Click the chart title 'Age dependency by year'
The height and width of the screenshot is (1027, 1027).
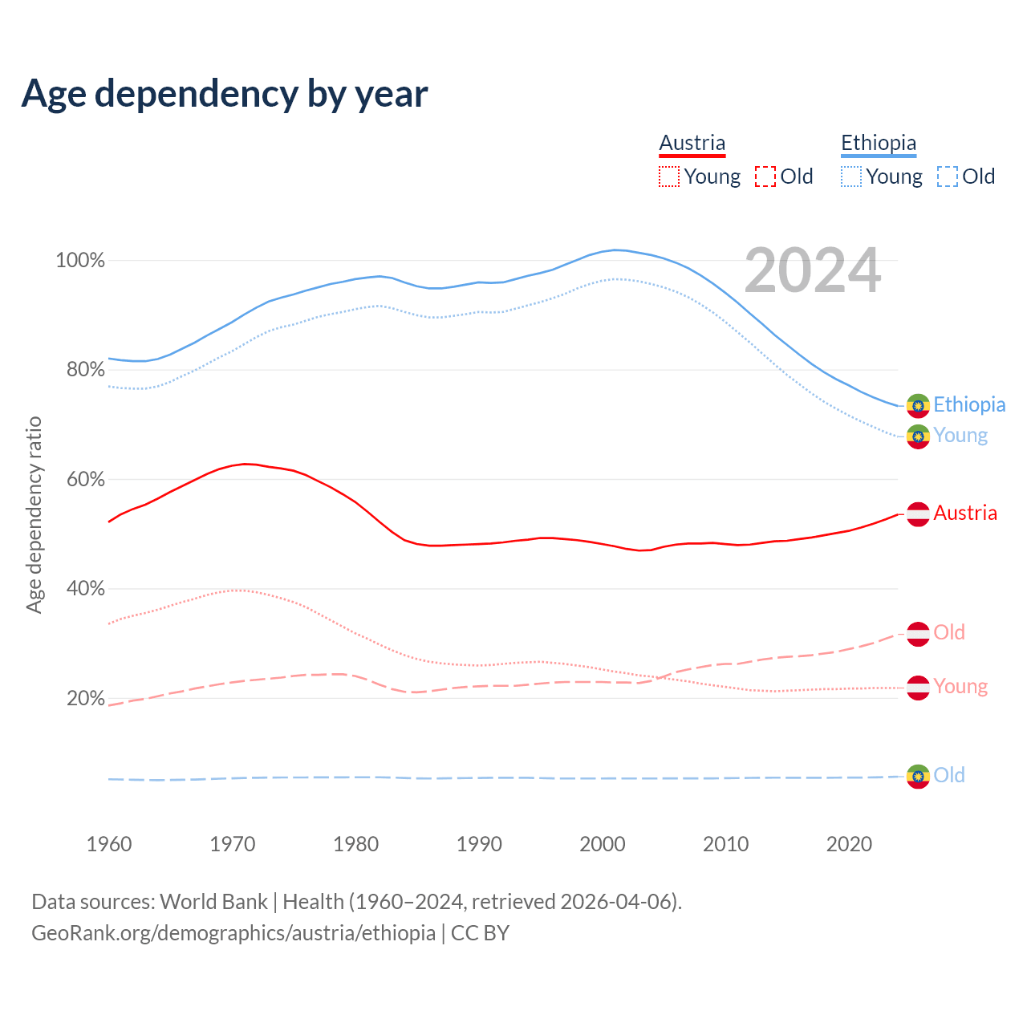pyautogui.click(x=225, y=93)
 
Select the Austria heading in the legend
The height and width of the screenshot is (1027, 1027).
pyautogui.click(x=692, y=143)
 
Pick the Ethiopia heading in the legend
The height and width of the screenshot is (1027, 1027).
pyautogui.click(x=878, y=143)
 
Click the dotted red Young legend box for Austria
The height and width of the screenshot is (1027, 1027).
pyautogui.click(x=669, y=177)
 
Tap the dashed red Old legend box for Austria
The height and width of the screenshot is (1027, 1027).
pyautogui.click(x=765, y=177)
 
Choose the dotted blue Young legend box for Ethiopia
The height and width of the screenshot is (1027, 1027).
pyautogui.click(x=851, y=177)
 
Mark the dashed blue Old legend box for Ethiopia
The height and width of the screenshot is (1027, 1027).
pyautogui.click(x=948, y=177)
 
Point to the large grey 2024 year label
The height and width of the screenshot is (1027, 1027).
pyautogui.click(x=812, y=270)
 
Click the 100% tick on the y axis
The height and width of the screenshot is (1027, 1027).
pyautogui.click(x=80, y=261)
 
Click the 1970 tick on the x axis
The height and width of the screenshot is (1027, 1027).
pyautogui.click(x=233, y=844)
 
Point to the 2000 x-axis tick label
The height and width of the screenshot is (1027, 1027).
pyautogui.click(x=603, y=844)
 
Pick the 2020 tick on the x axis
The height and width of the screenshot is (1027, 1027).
pyautogui.click(x=849, y=844)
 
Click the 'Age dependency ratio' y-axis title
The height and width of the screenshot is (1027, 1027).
pyautogui.click(x=34, y=514)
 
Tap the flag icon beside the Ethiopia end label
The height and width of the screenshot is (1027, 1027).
pyautogui.click(x=918, y=406)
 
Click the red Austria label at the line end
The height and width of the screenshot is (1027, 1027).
pyautogui.click(x=965, y=513)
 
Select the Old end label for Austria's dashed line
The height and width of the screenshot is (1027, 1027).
pyautogui.click(x=949, y=633)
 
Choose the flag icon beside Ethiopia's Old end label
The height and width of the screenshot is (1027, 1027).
pyautogui.click(x=918, y=777)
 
